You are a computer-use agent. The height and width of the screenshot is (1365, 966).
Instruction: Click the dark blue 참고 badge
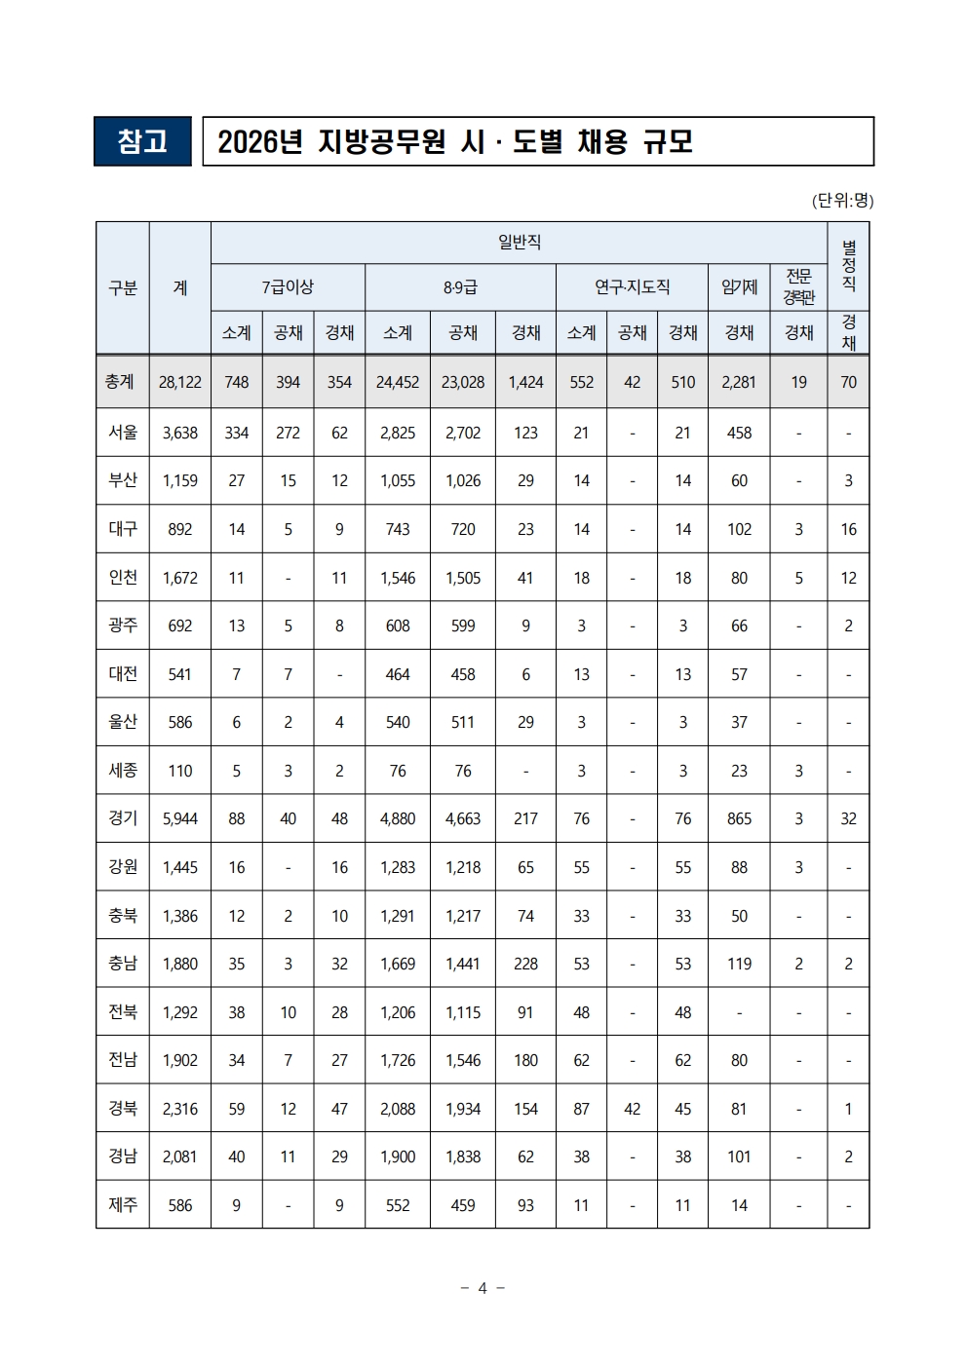[142, 141]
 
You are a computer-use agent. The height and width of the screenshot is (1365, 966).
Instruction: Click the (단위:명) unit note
[842, 201]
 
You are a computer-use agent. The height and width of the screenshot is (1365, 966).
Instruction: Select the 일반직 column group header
[519, 242]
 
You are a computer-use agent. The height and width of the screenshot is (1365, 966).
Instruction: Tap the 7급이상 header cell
[288, 287]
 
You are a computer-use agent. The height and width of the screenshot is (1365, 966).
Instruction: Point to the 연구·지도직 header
[632, 287]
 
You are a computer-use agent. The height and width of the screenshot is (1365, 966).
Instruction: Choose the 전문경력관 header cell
[798, 287]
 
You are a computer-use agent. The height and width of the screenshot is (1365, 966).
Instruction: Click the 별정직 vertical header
[848, 265]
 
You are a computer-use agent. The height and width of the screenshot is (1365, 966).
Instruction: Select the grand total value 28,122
[180, 382]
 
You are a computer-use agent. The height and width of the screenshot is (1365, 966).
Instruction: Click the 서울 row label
[123, 433]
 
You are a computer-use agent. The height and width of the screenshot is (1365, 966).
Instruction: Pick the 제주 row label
[123, 1205]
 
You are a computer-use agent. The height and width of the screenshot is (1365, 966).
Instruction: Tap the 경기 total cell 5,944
[180, 818]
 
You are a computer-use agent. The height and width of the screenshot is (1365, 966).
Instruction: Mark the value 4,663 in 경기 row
[463, 818]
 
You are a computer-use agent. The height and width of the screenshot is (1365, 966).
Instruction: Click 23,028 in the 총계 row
[463, 382]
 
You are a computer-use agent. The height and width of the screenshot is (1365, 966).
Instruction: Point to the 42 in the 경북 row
[632, 1109]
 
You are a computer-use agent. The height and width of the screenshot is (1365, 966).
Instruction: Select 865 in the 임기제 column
[739, 818]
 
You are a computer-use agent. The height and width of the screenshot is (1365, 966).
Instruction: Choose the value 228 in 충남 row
[525, 964]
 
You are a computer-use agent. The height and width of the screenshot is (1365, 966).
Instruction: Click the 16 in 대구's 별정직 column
[848, 529]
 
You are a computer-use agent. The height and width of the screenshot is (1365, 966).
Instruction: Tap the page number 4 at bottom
[483, 1288]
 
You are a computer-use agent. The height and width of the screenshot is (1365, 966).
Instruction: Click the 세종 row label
[123, 771]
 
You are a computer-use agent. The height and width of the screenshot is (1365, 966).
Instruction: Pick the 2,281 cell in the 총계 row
[739, 382]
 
